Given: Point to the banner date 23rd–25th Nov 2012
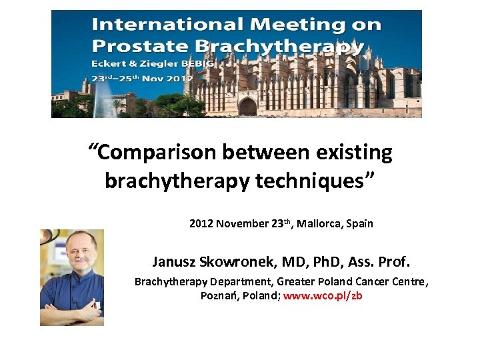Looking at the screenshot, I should [143, 78].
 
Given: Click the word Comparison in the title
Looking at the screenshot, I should [157, 153].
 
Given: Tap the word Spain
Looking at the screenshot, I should [360, 223].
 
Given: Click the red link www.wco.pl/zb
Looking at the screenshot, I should [323, 295].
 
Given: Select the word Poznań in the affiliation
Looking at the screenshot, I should [218, 295].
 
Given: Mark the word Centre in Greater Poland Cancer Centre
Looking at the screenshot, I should [408, 281].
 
